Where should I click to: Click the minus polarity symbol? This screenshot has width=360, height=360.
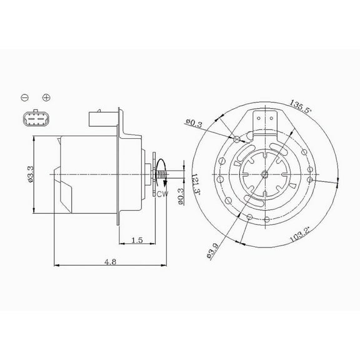click(24, 97)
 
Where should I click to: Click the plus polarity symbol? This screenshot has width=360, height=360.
click(46, 97)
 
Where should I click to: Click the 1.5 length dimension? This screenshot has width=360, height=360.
click(137, 240)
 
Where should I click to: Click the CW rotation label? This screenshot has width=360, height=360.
click(163, 194)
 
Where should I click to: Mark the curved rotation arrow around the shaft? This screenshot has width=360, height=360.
click(161, 169)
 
